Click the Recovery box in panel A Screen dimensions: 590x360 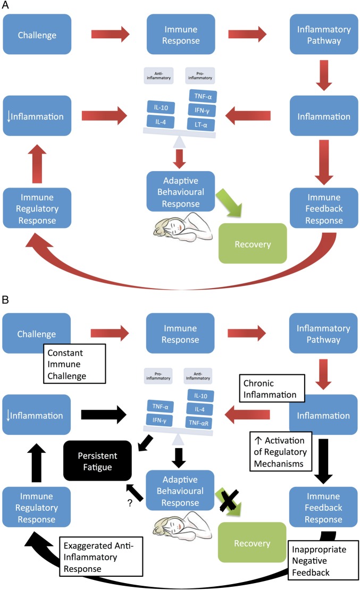tap(253, 244)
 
